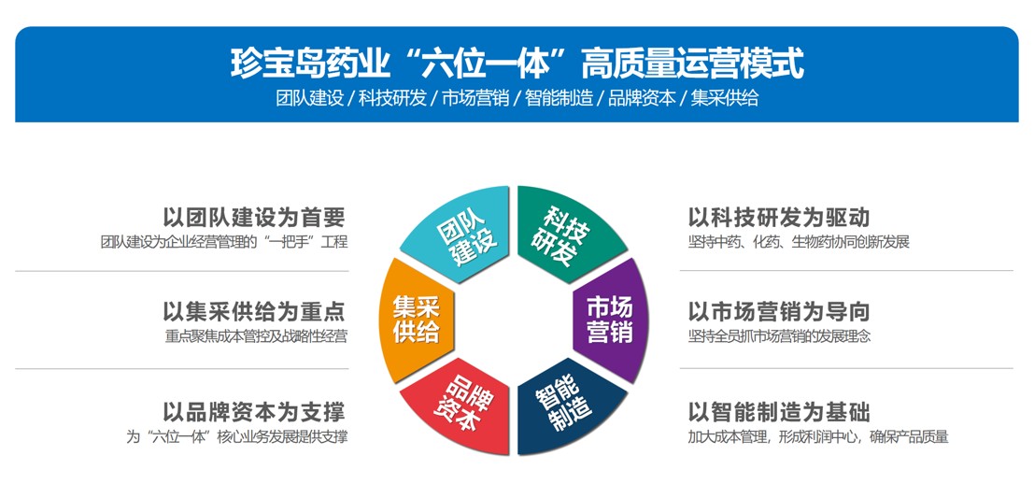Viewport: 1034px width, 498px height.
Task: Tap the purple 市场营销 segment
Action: pyautogui.click(x=611, y=320)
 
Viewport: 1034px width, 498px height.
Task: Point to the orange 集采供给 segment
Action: pyautogui.click(x=417, y=320)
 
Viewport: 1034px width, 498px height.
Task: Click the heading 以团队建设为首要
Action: pyautogui.click(x=254, y=217)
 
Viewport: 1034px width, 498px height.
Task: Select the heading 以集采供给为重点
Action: pyautogui.click(x=254, y=311)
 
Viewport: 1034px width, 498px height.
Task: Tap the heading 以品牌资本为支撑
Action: pyautogui.click(x=254, y=412)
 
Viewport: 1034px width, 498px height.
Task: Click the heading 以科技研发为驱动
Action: pyautogui.click(x=779, y=217)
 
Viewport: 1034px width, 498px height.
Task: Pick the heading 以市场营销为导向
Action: pyautogui.click(x=779, y=311)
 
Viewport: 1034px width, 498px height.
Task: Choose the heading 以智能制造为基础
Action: pyautogui.click(x=779, y=412)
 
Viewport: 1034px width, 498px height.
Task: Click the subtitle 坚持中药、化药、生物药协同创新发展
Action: pyautogui.click(x=799, y=242)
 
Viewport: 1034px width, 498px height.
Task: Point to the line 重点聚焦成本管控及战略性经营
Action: pyautogui.click(x=256, y=336)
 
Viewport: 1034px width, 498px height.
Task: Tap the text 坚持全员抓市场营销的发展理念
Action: pyautogui.click(x=779, y=336)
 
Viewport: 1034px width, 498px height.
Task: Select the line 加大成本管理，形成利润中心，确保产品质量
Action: pyautogui.click(x=818, y=436)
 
